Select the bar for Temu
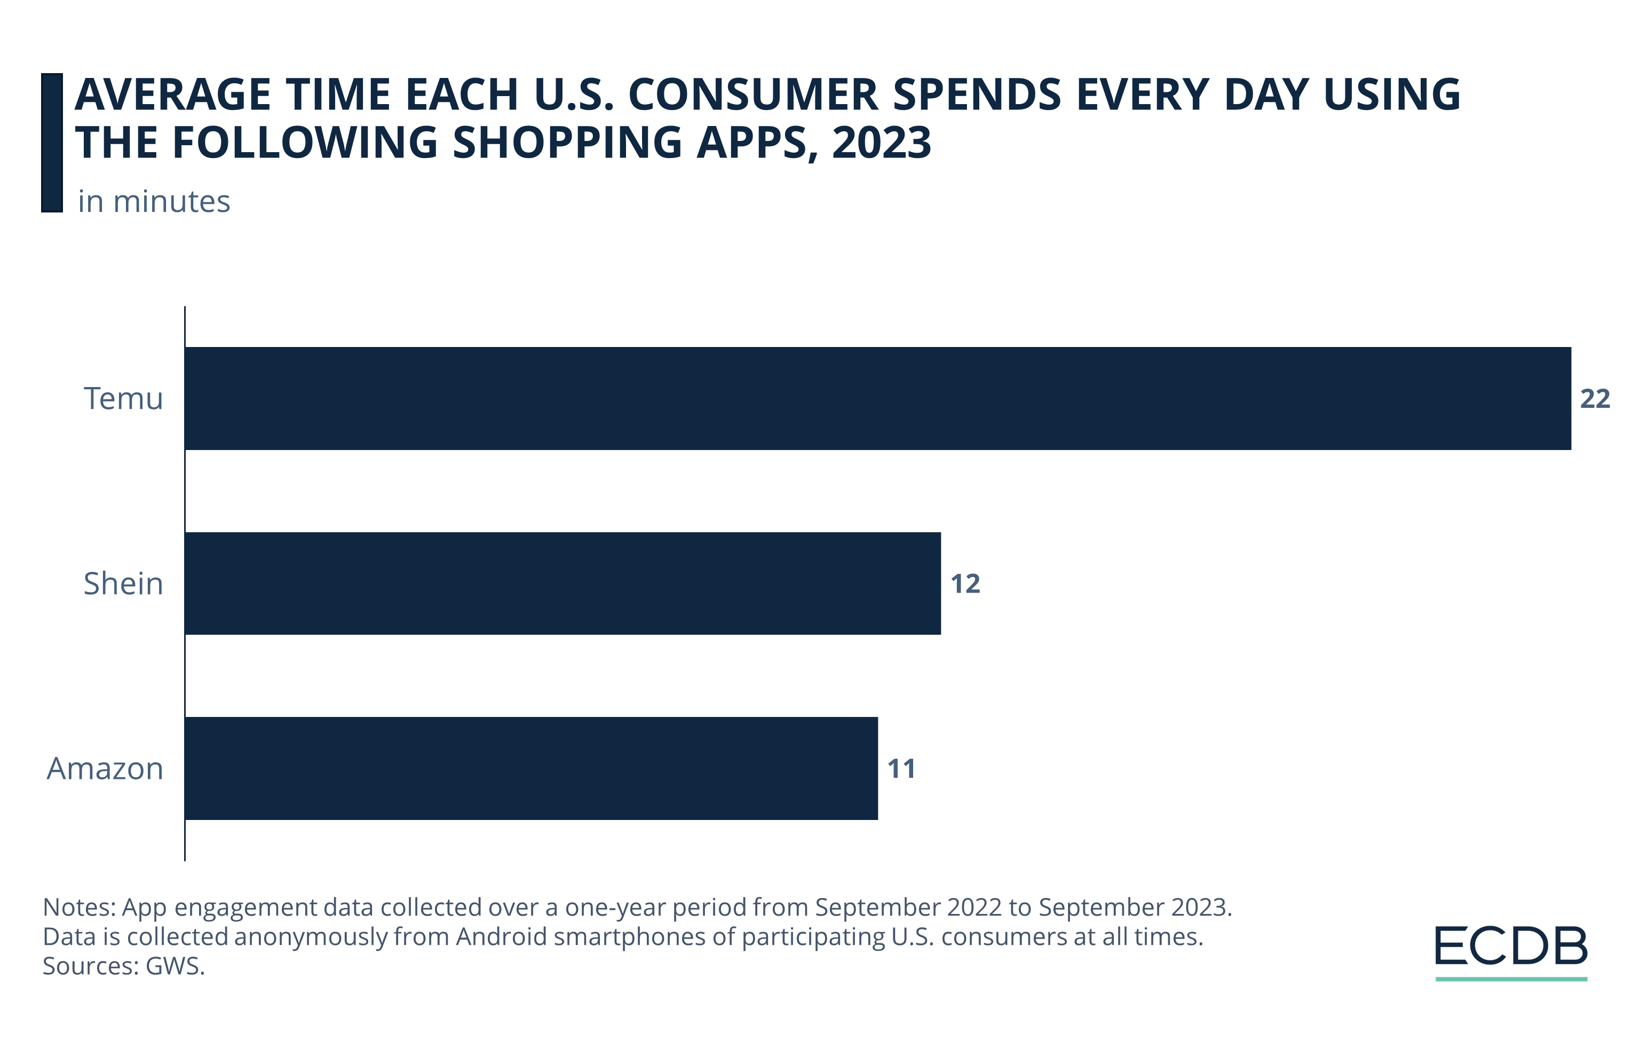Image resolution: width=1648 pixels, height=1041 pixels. (x=877, y=398)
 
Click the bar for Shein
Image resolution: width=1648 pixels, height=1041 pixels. (x=562, y=583)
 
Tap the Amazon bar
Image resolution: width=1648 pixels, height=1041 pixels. (x=531, y=768)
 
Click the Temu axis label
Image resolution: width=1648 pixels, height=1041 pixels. (x=123, y=398)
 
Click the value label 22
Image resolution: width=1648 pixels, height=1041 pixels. (x=1595, y=399)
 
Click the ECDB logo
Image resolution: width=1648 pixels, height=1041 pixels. (x=1510, y=946)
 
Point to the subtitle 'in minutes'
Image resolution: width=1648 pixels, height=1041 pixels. (x=154, y=202)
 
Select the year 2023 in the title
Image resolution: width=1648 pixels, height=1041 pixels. (x=882, y=143)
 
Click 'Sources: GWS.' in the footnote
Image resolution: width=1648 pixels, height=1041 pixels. (x=124, y=966)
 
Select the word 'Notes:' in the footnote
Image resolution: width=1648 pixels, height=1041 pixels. (x=80, y=907)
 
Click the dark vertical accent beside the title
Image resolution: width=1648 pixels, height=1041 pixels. (x=52, y=143)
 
